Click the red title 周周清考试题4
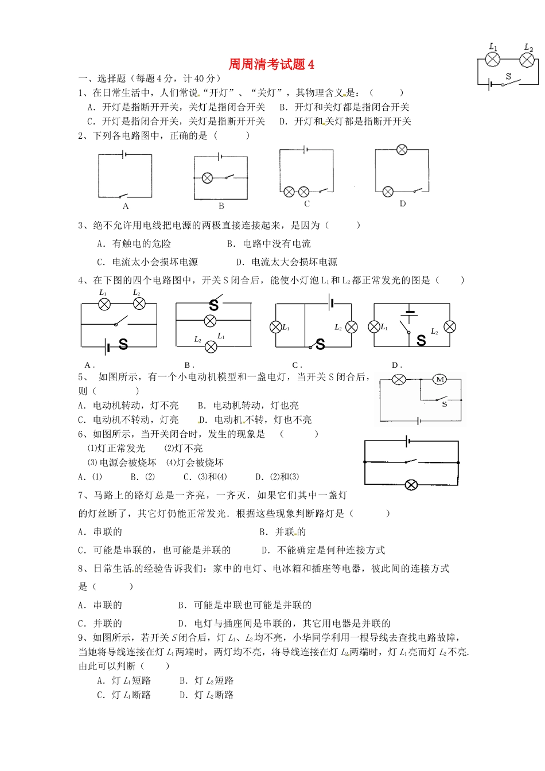pos(271,64)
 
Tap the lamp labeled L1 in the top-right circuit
pos(492,59)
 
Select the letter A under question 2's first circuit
pos(126,207)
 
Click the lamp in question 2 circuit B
pos(208,178)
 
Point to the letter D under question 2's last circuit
pos(403,204)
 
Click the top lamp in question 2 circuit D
pos(402,150)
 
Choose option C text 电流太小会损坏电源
pos(147,262)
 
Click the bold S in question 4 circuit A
pos(123,345)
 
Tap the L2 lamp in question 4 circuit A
pos(139,304)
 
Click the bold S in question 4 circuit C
pos(320,344)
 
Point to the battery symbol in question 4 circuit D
pos(409,314)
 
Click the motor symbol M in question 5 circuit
pos(440,379)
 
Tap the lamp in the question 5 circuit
pos(399,379)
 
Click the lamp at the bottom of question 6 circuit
pos(411,485)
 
